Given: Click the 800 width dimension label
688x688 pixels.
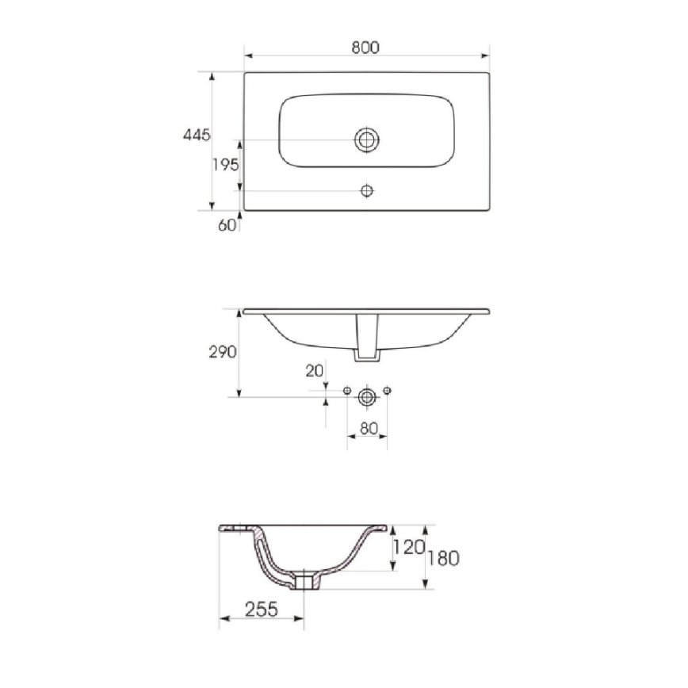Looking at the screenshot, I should pyautogui.click(x=365, y=47).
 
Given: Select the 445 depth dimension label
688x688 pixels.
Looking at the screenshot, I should pyautogui.click(x=196, y=136).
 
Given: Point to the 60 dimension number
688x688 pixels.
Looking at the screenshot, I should pyautogui.click(x=226, y=224).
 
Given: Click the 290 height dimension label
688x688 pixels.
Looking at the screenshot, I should pyautogui.click(x=223, y=352).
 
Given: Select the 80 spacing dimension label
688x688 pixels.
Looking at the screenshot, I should pyautogui.click(x=366, y=429).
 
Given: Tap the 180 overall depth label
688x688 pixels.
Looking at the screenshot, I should pyautogui.click(x=443, y=558).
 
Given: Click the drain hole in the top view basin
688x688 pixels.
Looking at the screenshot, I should pyautogui.click(x=366, y=140).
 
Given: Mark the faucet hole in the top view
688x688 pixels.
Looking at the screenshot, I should pyautogui.click(x=366, y=191).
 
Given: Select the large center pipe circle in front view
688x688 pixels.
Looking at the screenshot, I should pyautogui.click(x=367, y=396).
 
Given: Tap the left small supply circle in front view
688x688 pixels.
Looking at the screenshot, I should pyautogui.click(x=346, y=391).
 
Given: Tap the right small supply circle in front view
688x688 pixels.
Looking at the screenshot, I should pyautogui.click(x=388, y=391).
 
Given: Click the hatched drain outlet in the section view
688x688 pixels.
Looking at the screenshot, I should pyautogui.click(x=304, y=583).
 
